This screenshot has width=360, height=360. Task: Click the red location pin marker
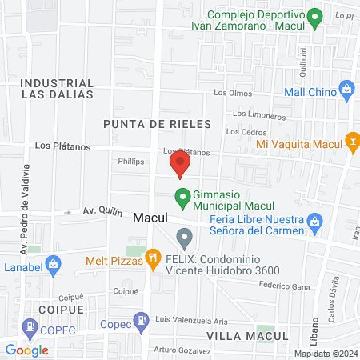coord(180,165)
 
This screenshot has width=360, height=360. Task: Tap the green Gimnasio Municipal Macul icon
coord(182,195)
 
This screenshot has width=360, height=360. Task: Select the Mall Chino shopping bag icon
coord(346,88)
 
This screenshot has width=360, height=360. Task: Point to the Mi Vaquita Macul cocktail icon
coord(351,143)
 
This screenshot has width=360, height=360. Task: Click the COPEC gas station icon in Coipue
coord(30,326)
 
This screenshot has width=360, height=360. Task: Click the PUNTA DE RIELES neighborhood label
coord(157,124)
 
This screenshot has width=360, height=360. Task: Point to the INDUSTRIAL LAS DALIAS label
coord(57,88)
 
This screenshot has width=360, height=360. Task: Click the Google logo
coord(26,350)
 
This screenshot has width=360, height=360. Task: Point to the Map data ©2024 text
coord(325,354)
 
